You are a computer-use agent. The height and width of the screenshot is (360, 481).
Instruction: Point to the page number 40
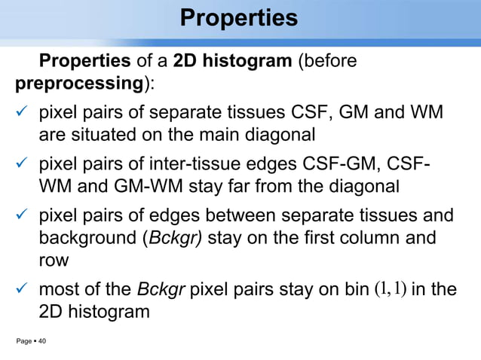click(x=42, y=342)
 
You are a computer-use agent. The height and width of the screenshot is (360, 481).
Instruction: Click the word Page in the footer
click(x=24, y=342)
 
